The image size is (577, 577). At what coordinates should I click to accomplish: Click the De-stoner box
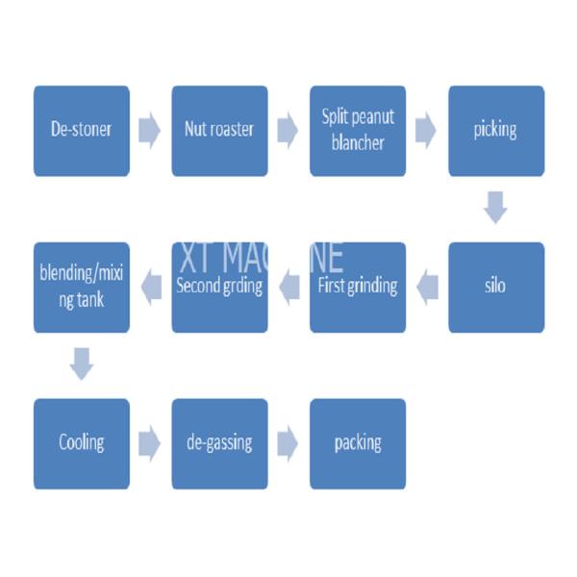[x=82, y=131]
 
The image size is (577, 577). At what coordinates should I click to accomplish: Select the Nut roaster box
[x=219, y=131]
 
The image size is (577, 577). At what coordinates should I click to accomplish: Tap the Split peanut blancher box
[x=358, y=131]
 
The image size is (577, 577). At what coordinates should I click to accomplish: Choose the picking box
[x=496, y=131]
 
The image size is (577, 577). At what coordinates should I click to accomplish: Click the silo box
[x=496, y=288]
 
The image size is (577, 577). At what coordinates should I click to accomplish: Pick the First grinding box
[x=358, y=288]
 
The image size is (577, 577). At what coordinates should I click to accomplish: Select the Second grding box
[x=219, y=288]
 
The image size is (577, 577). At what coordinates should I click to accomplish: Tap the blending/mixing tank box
[x=82, y=288]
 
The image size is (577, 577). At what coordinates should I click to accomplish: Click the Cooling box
[x=82, y=443]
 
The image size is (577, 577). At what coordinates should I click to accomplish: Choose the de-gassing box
[x=219, y=443]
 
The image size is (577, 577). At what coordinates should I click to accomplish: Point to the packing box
[x=358, y=443]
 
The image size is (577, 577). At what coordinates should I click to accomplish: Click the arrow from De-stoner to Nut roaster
[x=149, y=131]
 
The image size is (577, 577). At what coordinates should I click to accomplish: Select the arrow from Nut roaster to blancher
[x=288, y=131]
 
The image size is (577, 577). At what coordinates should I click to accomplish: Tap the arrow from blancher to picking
[x=426, y=131]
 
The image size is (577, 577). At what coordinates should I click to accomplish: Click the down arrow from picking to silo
[x=495, y=208]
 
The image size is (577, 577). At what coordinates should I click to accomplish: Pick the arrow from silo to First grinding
[x=427, y=288]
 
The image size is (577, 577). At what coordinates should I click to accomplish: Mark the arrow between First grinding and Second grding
[x=289, y=288]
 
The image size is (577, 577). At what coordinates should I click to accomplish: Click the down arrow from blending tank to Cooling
[x=82, y=364]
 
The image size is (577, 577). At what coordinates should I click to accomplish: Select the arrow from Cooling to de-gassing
[x=149, y=443]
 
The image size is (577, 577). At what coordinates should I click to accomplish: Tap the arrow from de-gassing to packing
[x=288, y=443]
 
